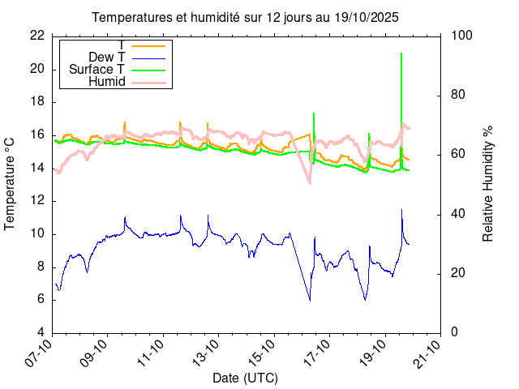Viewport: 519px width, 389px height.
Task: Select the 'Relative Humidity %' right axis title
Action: click(488, 184)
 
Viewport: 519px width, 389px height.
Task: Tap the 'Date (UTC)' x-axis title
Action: click(245, 378)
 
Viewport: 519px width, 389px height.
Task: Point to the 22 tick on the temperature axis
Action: click(36, 36)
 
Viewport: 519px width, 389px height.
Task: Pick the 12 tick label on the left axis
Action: click(36, 201)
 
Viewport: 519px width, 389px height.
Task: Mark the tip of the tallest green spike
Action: click(401, 53)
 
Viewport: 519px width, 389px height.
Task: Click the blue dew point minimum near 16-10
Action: click(310, 301)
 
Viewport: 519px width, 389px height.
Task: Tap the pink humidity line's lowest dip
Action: click(309, 183)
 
